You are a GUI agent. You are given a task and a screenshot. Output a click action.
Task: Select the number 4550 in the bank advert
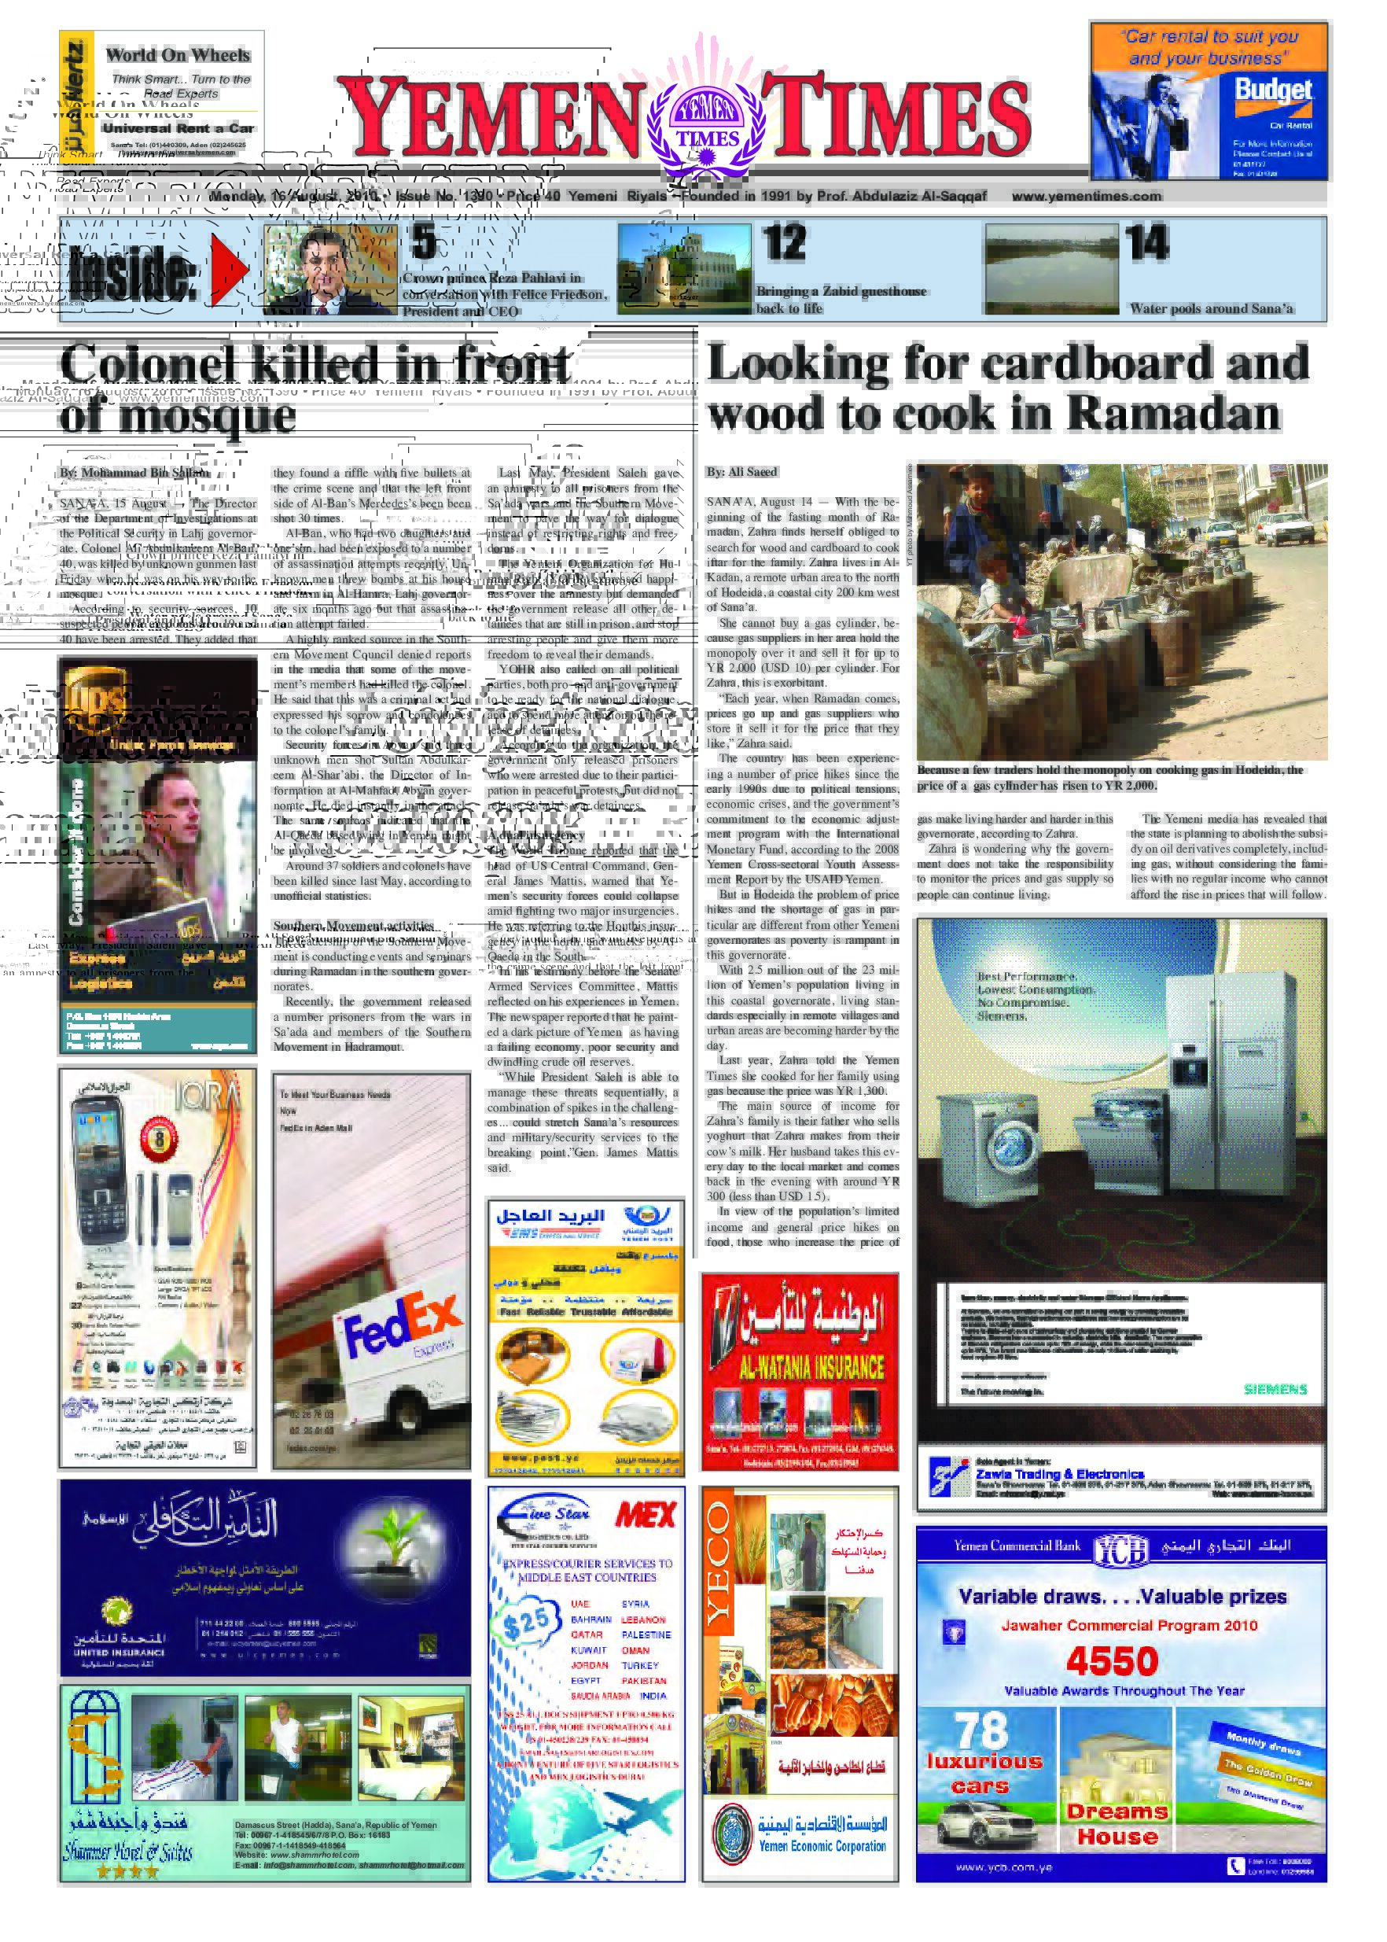tap(1112, 1661)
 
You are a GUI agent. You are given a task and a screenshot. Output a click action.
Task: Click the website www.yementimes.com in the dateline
tap(1087, 196)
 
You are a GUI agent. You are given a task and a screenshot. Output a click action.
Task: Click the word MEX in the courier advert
tap(645, 1516)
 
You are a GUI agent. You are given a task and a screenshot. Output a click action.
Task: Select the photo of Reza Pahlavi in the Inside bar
tap(330, 268)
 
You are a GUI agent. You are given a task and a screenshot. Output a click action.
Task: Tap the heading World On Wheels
tap(178, 56)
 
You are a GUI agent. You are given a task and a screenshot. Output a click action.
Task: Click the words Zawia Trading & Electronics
tap(1059, 1474)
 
